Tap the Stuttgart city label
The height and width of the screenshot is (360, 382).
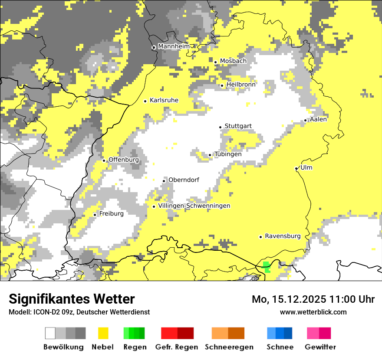click(238, 126)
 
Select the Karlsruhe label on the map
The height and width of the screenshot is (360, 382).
click(164, 100)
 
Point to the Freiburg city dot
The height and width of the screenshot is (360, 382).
click(95, 215)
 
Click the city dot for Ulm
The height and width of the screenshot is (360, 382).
click(296, 169)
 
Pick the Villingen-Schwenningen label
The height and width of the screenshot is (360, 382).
click(194, 206)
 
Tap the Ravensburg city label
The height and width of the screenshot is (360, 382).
click(283, 236)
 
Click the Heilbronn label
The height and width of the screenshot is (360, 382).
click(241, 84)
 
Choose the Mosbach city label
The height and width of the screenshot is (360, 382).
click(233, 61)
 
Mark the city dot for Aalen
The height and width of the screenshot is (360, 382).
click(306, 120)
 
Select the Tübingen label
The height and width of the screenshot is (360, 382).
click(228, 154)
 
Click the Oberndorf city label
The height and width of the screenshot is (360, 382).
click(184, 180)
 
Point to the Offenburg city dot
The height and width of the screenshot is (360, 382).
click(104, 160)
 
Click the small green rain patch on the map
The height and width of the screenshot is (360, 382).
click(267, 267)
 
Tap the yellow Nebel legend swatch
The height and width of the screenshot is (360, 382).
click(103, 333)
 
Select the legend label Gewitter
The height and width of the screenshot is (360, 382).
click(320, 347)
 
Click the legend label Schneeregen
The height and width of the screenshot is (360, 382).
click(229, 347)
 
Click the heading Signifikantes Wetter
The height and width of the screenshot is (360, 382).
click(72, 299)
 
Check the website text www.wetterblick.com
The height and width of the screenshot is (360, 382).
click(313, 312)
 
